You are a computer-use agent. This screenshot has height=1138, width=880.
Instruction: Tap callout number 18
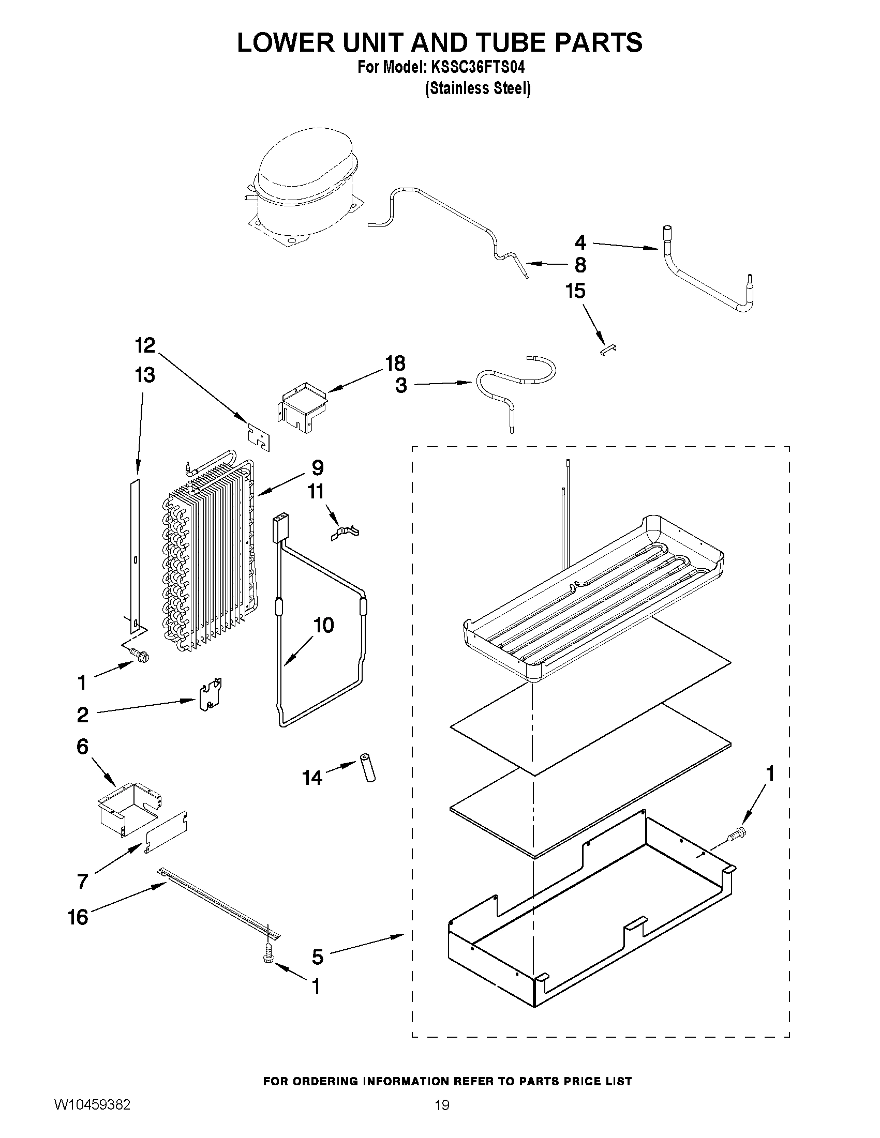click(x=395, y=363)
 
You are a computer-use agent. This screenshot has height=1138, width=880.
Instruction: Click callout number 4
click(x=580, y=242)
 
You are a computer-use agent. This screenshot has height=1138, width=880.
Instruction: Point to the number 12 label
click(x=145, y=345)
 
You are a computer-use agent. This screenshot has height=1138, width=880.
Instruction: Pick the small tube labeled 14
click(x=366, y=782)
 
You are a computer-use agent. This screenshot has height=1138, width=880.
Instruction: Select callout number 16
click(x=79, y=917)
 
